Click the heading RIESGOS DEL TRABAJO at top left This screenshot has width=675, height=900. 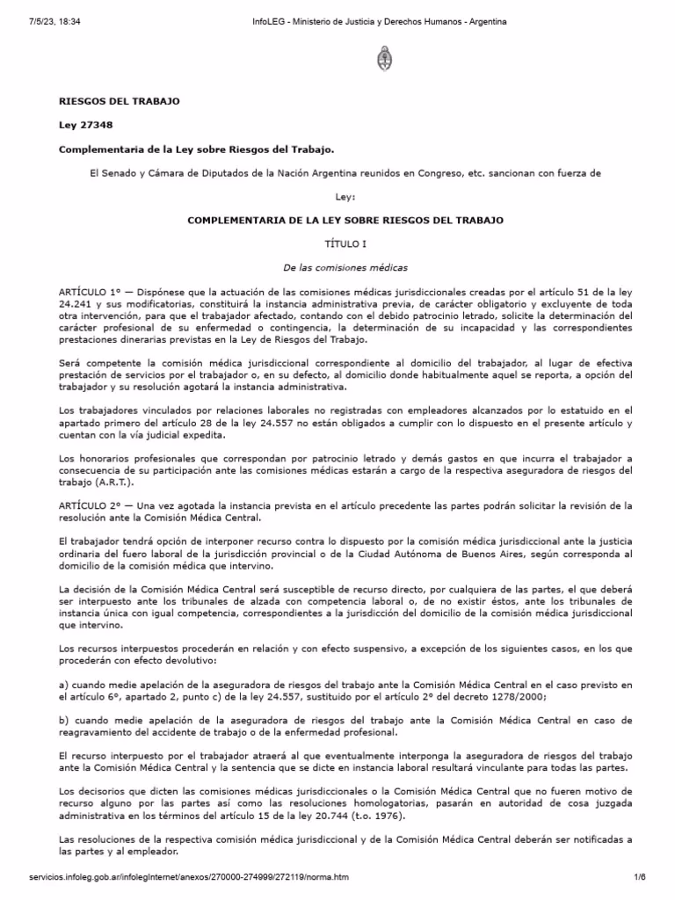(119, 101)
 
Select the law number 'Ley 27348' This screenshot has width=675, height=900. (85, 125)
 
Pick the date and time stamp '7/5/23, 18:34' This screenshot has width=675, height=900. (36, 21)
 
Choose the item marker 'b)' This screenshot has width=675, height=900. (63, 721)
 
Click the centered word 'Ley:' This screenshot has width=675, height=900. (345, 197)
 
